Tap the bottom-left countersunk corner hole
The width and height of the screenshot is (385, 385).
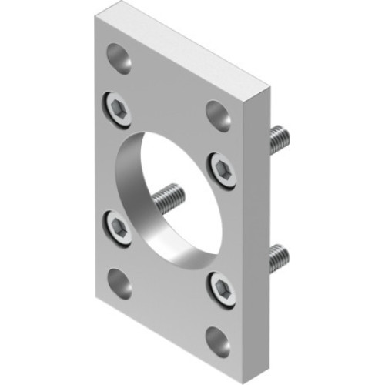click(119, 281)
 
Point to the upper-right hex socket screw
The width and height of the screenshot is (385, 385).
click(220, 167)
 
